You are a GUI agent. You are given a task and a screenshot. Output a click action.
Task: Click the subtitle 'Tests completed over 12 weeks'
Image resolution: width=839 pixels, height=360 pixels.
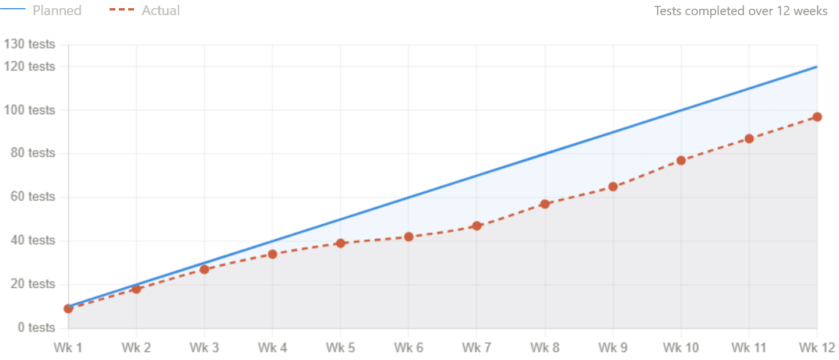point(741,11)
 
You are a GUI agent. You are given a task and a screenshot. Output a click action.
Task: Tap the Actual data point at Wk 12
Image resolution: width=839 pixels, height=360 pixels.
point(817,117)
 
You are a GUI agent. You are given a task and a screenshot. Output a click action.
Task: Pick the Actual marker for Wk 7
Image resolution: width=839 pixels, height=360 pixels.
point(477,225)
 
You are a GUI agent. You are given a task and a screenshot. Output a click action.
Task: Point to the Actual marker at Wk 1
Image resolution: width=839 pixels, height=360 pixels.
point(69,308)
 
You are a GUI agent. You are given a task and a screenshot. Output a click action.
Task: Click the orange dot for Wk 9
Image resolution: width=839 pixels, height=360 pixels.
point(613,186)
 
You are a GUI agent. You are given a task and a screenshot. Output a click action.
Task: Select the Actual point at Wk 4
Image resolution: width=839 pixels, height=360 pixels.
point(273,254)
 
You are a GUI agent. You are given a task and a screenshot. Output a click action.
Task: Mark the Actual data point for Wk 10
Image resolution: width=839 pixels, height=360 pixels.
point(681,160)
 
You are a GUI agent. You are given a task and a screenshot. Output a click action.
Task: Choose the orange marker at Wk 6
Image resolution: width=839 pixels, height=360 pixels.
point(408,237)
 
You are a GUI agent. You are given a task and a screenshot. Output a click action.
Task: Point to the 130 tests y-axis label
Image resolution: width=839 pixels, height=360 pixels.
point(30,45)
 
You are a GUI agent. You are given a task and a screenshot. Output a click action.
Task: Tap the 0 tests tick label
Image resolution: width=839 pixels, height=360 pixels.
point(36,328)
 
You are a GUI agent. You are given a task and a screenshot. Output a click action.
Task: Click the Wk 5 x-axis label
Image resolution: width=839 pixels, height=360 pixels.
point(340,348)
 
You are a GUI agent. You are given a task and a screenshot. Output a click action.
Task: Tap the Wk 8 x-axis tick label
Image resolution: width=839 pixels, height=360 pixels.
point(545,348)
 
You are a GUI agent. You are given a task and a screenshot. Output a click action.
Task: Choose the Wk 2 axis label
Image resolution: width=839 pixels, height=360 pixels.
point(136,348)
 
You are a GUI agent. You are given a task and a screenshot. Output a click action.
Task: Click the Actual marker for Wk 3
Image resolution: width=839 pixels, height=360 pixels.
point(205,269)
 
